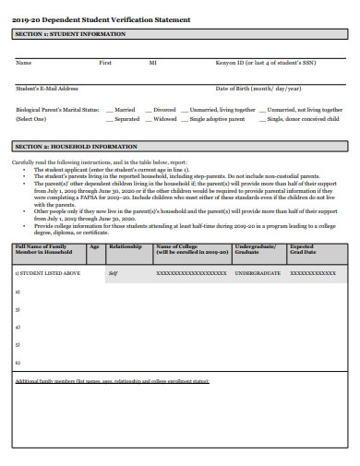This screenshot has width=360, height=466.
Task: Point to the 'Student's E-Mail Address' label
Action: click(x=47, y=89)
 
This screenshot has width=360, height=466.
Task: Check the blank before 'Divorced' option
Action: click(x=148, y=110)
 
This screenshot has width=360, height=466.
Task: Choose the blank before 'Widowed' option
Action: click(x=148, y=119)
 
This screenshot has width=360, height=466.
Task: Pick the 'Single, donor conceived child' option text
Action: click(x=304, y=119)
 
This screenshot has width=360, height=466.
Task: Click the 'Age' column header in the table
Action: click(x=94, y=247)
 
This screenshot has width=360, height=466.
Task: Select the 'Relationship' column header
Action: click(x=125, y=247)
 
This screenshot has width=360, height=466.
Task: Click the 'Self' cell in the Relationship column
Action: click(x=113, y=274)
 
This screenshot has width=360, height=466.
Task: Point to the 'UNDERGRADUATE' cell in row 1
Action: click(x=258, y=274)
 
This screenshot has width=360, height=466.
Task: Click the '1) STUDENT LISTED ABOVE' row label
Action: click(x=47, y=274)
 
